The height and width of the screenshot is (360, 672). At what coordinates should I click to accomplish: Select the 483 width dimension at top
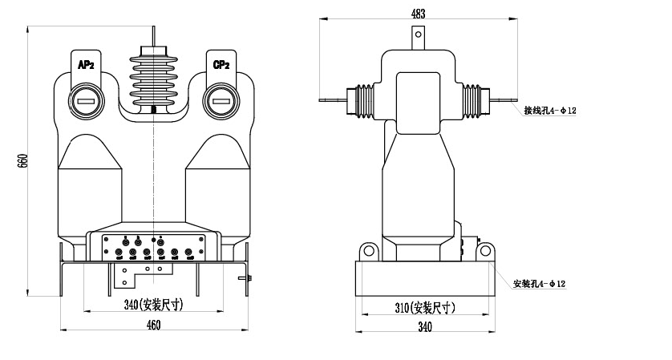(417, 13)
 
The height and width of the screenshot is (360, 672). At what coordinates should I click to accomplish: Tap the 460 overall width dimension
(153, 325)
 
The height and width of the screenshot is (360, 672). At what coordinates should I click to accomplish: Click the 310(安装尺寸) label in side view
(425, 307)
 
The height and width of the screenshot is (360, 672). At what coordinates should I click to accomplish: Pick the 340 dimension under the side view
(424, 326)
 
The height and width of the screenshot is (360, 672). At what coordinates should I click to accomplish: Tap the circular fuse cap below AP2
(86, 101)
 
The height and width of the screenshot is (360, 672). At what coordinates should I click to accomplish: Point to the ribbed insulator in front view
(152, 80)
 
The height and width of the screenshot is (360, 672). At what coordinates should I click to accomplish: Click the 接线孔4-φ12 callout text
(550, 111)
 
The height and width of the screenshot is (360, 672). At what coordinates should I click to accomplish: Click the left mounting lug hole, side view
(370, 251)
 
